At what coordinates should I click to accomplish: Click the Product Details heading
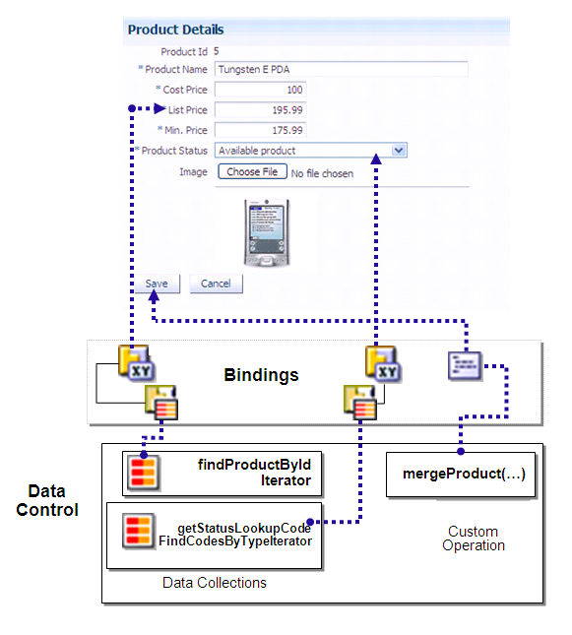point(175,30)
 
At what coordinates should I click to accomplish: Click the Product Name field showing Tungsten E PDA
point(341,69)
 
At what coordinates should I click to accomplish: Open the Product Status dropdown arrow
point(399,151)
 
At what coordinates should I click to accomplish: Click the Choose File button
point(252,172)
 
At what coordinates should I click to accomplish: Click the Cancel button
point(216,284)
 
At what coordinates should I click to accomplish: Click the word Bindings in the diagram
point(261,375)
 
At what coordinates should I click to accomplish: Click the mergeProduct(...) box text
point(464,474)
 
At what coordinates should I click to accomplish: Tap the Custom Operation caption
point(474,539)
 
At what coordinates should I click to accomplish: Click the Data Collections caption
point(214,583)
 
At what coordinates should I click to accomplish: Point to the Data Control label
point(47,500)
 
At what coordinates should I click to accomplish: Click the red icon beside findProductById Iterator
point(140,473)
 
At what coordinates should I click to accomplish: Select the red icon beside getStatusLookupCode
point(137,533)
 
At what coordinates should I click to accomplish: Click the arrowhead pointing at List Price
point(159,109)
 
